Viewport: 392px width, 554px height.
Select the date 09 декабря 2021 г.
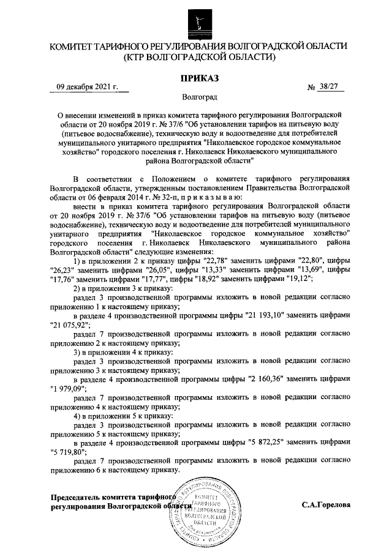point(87,87)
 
